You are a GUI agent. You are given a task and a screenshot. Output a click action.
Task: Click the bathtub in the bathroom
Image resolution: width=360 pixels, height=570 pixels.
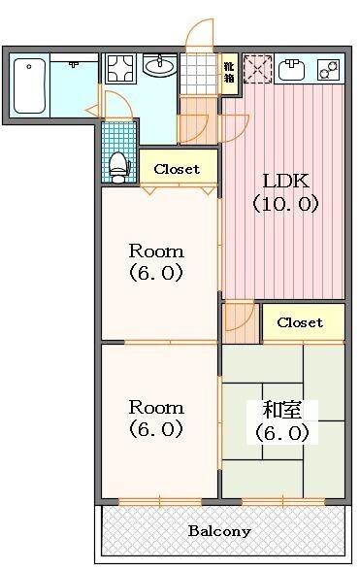tap(30, 85)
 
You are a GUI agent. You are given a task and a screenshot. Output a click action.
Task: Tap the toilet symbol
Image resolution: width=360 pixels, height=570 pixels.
tap(119, 168)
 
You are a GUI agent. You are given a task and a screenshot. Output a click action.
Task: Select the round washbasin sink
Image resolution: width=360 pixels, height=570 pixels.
tap(160, 65)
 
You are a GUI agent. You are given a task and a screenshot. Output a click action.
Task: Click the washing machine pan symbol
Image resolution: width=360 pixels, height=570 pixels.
tap(120, 69)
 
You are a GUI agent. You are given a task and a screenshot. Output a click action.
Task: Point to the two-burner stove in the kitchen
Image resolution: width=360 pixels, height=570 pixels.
tap(330, 70)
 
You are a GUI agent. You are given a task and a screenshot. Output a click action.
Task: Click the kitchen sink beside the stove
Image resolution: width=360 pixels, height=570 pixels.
tap(293, 70)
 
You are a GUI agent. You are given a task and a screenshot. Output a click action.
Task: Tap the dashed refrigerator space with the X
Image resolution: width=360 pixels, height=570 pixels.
tap(257, 69)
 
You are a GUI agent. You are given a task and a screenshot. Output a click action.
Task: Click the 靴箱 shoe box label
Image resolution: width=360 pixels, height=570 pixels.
tap(229, 72)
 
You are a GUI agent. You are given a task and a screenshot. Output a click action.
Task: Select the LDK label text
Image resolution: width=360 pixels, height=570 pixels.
tap(286, 181)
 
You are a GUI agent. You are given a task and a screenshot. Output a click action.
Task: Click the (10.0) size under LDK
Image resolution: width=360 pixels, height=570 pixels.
tap(286, 204)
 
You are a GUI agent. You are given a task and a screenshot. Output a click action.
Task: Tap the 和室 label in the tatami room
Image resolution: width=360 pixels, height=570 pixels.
tap(282, 410)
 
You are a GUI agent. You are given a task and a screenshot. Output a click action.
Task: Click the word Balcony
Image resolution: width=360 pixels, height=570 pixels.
tap(219, 531)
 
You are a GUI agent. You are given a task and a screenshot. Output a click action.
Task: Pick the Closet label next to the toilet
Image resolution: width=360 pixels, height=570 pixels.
tap(177, 169)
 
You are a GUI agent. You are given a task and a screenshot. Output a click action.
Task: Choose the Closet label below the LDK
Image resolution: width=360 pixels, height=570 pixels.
tap(300, 322)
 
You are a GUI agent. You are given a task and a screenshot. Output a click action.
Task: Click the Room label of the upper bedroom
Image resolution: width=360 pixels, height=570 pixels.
tap(156, 251)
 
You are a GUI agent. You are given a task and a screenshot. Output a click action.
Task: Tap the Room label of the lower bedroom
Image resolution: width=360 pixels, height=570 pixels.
tap(156, 408)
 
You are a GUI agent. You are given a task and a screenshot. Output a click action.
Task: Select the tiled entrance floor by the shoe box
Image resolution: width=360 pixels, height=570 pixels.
tap(199, 74)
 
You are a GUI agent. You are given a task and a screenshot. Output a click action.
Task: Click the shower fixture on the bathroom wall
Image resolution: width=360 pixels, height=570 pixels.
tap(74, 64)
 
